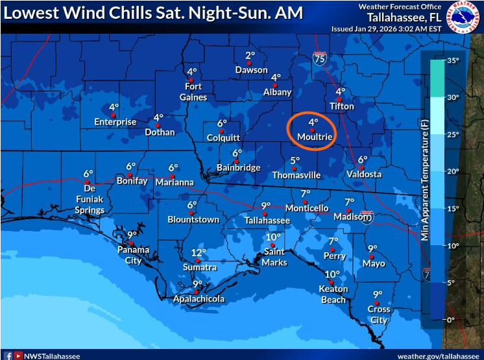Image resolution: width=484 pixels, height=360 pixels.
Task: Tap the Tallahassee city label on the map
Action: (x=267, y=221)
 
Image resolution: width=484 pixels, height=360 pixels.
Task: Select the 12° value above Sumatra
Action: (x=199, y=253)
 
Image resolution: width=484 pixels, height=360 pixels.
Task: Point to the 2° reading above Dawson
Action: (x=250, y=56)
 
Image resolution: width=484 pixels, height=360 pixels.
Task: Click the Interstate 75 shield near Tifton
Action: (x=319, y=58)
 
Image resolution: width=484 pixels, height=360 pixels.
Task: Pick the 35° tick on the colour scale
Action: (x=452, y=61)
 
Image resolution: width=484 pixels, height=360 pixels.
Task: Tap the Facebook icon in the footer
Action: (x=8, y=355)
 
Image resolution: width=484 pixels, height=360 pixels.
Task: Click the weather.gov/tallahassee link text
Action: (x=439, y=355)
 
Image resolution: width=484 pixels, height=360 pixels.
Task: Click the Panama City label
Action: (x=134, y=255)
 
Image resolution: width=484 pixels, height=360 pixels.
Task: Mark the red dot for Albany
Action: (x=275, y=85)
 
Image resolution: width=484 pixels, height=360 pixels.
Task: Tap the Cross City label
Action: (x=379, y=315)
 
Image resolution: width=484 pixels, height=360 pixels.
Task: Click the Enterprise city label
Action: (x=115, y=122)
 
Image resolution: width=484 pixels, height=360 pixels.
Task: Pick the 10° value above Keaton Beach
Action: (x=332, y=274)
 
